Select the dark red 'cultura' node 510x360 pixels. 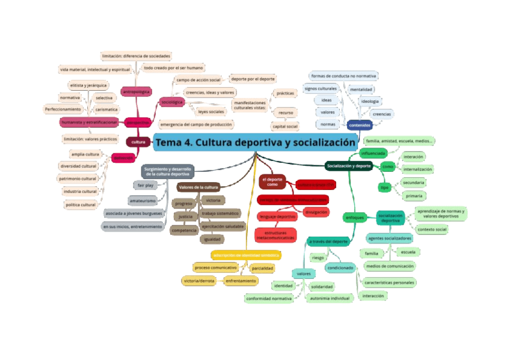[138, 142]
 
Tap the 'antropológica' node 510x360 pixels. [136, 92]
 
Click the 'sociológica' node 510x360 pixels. [173, 103]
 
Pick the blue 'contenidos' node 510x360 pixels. [360, 125]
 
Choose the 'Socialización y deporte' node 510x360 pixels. [348, 165]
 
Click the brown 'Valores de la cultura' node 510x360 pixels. [198, 187]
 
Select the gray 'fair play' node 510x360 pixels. [146, 185]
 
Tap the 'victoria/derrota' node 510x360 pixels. [200, 281]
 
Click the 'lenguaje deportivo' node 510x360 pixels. [277, 216]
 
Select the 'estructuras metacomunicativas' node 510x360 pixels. [276, 235]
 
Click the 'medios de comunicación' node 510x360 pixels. [389, 266]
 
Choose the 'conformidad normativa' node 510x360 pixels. [268, 298]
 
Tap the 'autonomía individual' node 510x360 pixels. [329, 298]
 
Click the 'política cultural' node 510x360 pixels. [80, 205]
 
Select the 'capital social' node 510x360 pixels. [285, 127]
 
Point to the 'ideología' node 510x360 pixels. [369, 101]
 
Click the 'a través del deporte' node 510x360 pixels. [328, 242]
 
